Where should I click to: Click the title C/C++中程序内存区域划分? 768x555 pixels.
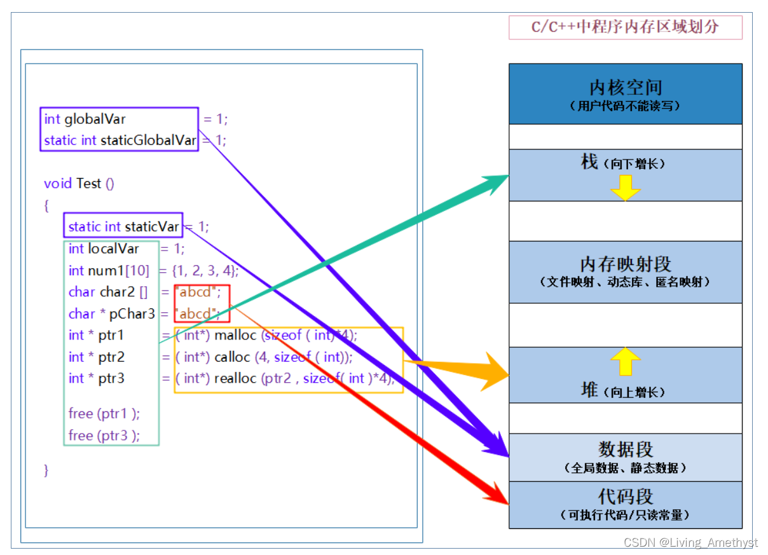(626, 27)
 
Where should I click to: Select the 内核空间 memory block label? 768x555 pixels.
(626, 88)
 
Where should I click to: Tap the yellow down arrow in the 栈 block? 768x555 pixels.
(626, 188)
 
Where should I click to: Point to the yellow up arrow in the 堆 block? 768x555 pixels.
(626, 362)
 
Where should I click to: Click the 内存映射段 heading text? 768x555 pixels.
(626, 264)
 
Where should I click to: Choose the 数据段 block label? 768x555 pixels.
(626, 449)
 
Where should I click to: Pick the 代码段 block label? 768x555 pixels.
(626, 497)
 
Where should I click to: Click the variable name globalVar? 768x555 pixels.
(95, 119)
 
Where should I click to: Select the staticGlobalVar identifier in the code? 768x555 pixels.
(148, 140)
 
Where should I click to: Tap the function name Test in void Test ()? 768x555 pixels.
(88, 183)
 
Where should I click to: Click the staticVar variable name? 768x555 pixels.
(152, 226)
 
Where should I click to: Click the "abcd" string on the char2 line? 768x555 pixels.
(198, 292)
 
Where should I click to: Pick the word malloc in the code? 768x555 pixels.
(236, 335)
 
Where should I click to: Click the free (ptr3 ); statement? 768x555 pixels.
(104, 435)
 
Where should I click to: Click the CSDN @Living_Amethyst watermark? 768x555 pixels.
(690, 542)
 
